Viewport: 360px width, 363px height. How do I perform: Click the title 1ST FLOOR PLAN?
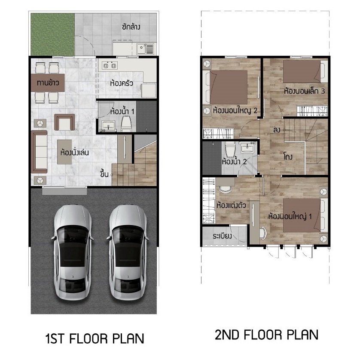tap(95, 339)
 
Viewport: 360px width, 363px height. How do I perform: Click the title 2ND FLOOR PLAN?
tap(266, 335)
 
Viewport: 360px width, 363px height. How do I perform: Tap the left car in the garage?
tap(73, 252)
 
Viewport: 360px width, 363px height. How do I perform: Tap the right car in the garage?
tap(128, 252)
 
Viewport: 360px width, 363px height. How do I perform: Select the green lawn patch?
tap(53, 34)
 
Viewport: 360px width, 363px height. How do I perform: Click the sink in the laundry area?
tap(145, 49)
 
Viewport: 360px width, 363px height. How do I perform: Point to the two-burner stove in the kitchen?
tap(110, 66)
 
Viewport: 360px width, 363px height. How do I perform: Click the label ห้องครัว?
tap(122, 83)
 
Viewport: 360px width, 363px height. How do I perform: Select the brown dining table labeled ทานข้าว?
tap(48, 82)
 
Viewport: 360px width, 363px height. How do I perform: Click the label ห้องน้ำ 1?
tap(122, 112)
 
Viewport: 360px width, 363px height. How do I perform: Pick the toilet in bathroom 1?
tap(126, 124)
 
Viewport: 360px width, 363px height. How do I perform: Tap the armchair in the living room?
tap(64, 122)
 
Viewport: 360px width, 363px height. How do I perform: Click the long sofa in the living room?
tap(40, 152)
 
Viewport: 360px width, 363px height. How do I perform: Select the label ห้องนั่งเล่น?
tap(75, 153)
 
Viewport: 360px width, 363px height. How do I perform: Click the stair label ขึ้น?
tap(104, 174)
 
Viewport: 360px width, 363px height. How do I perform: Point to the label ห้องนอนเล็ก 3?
tap(305, 91)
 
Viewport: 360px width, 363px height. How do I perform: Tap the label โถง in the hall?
tap(288, 157)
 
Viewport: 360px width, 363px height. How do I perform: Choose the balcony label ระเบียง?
tap(222, 236)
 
